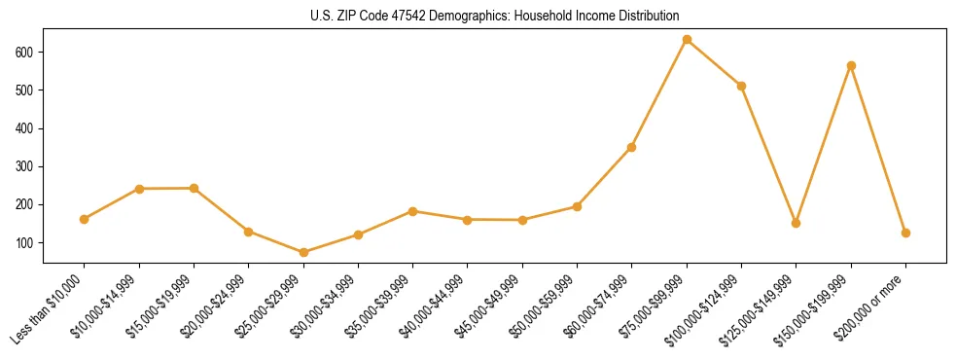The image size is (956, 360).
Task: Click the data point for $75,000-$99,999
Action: click(x=687, y=40)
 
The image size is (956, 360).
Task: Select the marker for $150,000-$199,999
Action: click(x=851, y=66)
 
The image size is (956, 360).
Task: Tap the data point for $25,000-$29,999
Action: click(x=303, y=253)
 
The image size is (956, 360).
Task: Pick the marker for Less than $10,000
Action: click(x=85, y=219)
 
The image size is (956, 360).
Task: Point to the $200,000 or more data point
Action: click(x=905, y=234)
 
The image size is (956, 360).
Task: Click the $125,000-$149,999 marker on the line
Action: click(x=797, y=223)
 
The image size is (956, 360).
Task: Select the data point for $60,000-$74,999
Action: click(x=632, y=148)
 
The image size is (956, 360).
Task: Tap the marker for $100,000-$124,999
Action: click(x=741, y=86)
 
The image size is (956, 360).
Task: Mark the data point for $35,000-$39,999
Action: click(x=413, y=211)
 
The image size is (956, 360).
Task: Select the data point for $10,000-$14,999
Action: click(x=139, y=189)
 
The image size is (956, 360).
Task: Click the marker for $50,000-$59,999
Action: click(x=577, y=206)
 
